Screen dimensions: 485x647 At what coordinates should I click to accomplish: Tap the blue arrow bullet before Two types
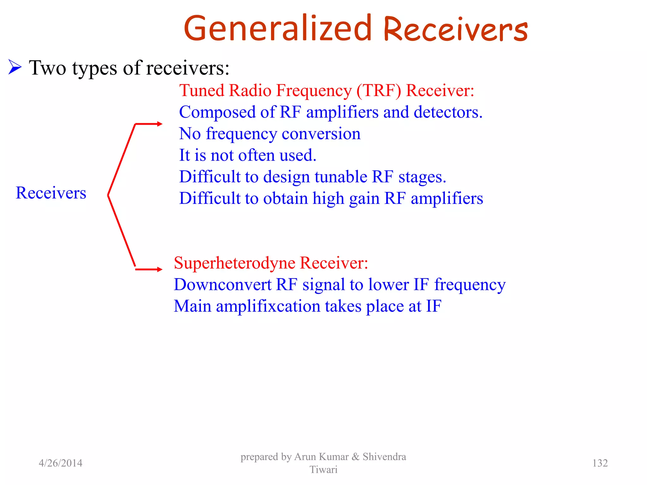pos(15,67)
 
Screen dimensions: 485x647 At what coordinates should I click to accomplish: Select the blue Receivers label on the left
pos(51,193)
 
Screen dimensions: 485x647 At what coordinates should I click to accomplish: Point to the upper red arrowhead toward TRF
pos(160,124)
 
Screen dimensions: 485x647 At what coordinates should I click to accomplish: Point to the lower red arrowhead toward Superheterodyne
pos(160,269)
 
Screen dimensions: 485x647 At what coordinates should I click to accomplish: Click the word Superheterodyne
pos(234,263)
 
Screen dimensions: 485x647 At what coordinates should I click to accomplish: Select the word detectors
pos(448,112)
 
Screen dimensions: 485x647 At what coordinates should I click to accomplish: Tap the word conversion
pos(321,134)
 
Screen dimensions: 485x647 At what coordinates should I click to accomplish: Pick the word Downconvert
pos(222,285)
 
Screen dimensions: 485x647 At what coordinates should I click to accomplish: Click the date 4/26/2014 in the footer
pos(60,463)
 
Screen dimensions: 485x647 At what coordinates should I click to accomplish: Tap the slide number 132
pos(600,463)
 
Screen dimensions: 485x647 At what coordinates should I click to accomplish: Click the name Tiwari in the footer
pos(323,470)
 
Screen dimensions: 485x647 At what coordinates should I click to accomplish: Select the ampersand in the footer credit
pos(355,457)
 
